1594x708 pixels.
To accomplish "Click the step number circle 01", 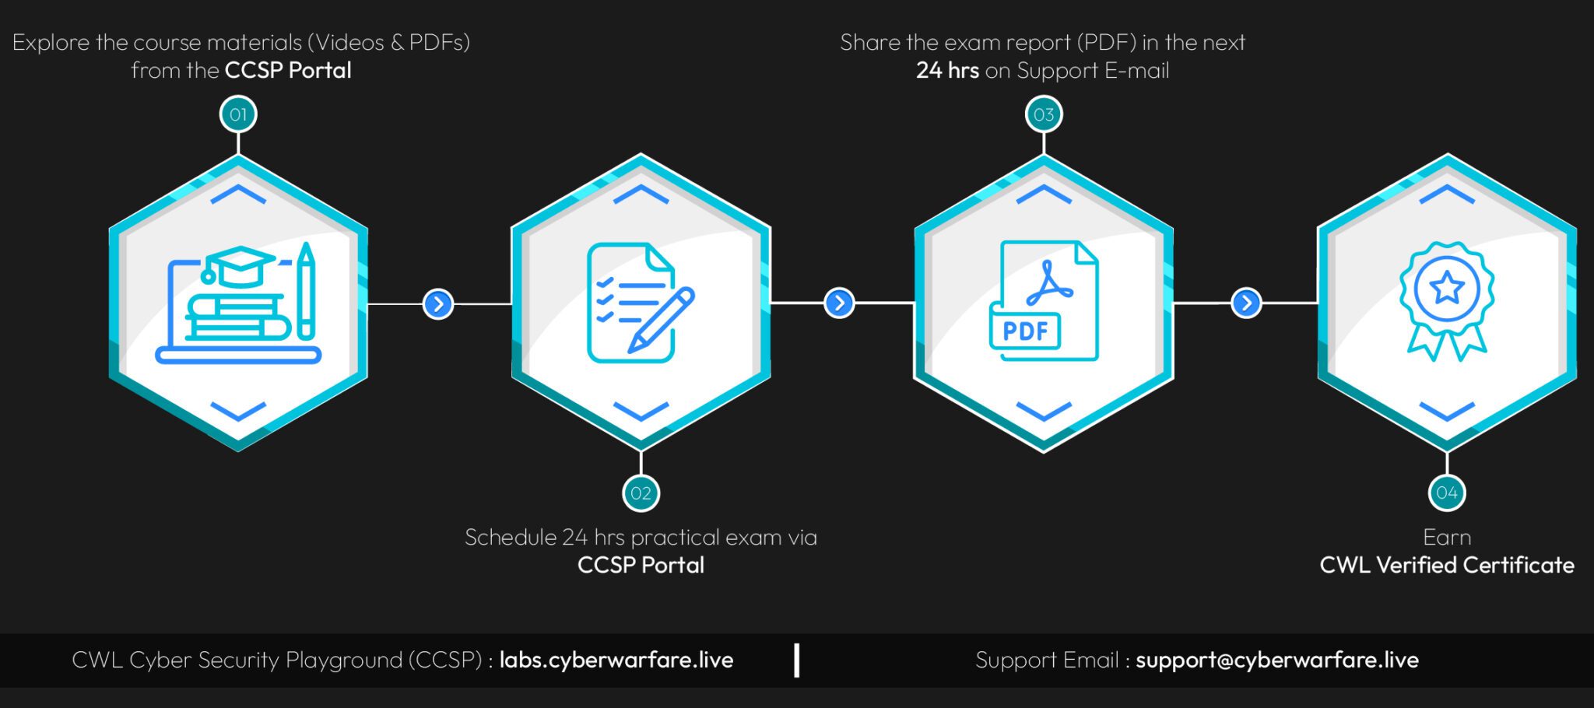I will pyautogui.click(x=238, y=115).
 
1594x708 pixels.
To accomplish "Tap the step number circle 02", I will pyautogui.click(x=641, y=493).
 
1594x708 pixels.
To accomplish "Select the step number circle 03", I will pyautogui.click(x=1044, y=115).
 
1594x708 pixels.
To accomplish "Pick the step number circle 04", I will pyautogui.click(x=1447, y=492).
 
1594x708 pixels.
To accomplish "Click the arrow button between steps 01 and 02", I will pyautogui.click(x=438, y=303).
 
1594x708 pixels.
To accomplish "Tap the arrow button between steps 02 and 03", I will pyautogui.click(x=839, y=303).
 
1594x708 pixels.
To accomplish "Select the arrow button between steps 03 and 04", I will pyautogui.click(x=1246, y=303).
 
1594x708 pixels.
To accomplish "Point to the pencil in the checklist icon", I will pyautogui.click(x=661, y=319).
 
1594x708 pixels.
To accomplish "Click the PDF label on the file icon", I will pyautogui.click(x=1025, y=331).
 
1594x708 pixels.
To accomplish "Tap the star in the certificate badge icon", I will pyautogui.click(x=1447, y=288).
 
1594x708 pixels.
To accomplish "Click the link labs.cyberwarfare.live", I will pyautogui.click(x=616, y=660).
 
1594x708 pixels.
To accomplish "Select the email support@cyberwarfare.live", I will pyautogui.click(x=1276, y=660).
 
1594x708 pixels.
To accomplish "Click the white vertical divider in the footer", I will pyautogui.click(x=797, y=660).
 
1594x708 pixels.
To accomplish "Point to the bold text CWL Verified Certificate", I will pyautogui.click(x=1446, y=565).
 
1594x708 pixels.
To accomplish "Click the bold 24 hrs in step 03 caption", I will pyautogui.click(x=947, y=70).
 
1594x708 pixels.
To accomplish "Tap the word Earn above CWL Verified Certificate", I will pyautogui.click(x=1446, y=537).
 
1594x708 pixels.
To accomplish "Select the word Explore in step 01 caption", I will pyautogui.click(x=51, y=42).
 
